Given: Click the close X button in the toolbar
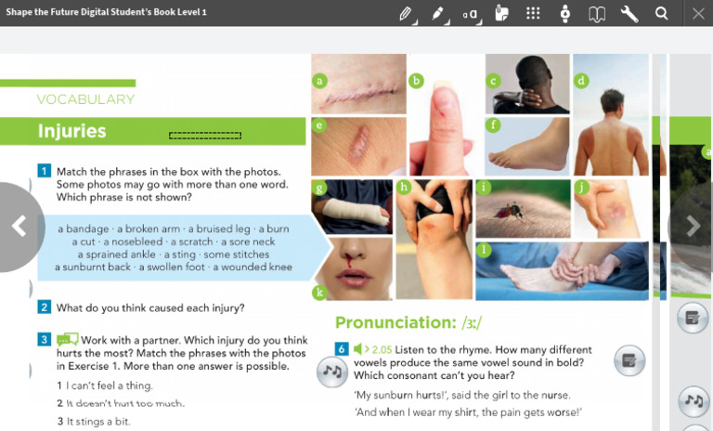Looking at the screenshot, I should (698, 13).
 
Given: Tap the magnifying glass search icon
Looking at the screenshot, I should (662, 13).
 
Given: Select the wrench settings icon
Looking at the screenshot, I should (629, 13).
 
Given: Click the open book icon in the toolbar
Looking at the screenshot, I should (597, 13).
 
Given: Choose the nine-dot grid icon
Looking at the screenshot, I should (533, 13).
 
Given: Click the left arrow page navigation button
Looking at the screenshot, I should (19, 226).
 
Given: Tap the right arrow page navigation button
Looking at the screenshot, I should (693, 226).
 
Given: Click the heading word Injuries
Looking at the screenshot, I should (71, 132).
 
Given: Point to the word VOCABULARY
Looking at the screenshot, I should (85, 99).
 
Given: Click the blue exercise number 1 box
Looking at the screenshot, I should (44, 171).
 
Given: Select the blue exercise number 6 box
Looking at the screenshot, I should (342, 348).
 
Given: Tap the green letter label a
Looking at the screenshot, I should (320, 81).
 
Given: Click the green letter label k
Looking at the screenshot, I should (319, 293).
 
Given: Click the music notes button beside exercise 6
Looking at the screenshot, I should (331, 372).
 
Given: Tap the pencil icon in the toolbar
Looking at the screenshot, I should (406, 13).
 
